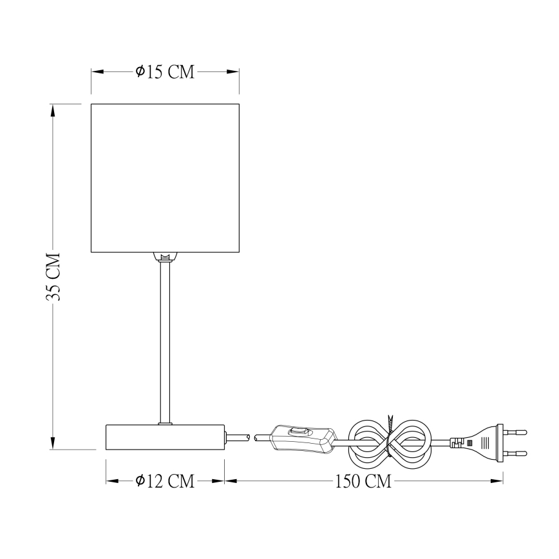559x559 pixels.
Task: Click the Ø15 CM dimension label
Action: coord(165,72)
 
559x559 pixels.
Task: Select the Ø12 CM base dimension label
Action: coord(165,480)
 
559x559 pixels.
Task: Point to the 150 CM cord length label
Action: coord(363,480)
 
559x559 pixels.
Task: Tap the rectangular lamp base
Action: coord(165,437)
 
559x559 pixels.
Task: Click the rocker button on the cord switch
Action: coord(298,431)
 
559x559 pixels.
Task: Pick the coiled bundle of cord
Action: coord(388,442)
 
